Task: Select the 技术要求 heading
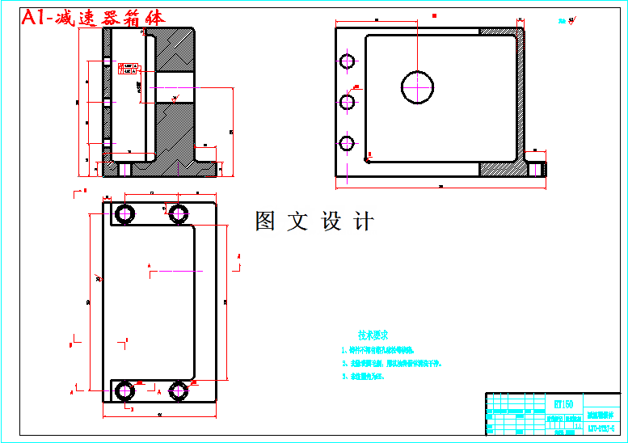pos(373,335)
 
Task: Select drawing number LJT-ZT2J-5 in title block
pos(603,427)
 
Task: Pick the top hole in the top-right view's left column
pos(348,61)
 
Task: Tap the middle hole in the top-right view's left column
pos(348,102)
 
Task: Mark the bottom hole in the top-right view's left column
pos(348,144)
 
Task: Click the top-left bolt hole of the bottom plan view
pos(125,214)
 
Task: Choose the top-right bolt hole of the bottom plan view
pos(179,214)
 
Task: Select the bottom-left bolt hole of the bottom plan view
pos(125,391)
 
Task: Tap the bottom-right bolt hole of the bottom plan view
pos(179,391)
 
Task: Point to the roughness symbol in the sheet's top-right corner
pos(569,19)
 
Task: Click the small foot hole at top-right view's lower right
pos(535,169)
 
